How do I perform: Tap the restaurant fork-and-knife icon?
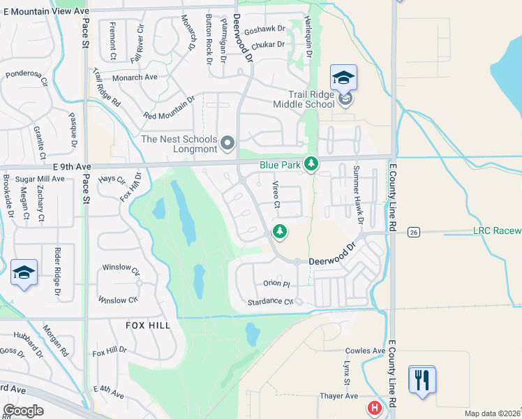pyautogui.click(x=422, y=380)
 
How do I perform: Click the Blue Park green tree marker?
pyautogui.click(x=311, y=165)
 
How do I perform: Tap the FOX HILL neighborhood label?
pyautogui.click(x=148, y=325)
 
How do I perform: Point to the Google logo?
pyautogui.click(x=23, y=411)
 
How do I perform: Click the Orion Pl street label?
pyautogui.click(x=276, y=284)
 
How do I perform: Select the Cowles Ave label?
pyautogui.click(x=365, y=351)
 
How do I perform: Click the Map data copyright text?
pyautogui.click(x=493, y=413)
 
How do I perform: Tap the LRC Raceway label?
pyautogui.click(x=497, y=230)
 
